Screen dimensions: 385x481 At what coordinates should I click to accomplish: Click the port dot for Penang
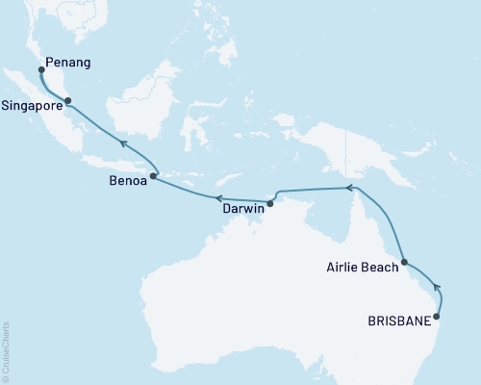[41, 69]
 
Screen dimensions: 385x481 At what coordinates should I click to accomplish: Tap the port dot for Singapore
[67, 100]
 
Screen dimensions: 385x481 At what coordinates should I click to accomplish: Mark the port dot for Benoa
[153, 176]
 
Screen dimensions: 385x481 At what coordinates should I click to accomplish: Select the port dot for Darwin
[270, 203]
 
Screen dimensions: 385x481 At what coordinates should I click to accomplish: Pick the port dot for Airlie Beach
[405, 262]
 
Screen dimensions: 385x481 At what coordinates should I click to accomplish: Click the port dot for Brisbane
[438, 316]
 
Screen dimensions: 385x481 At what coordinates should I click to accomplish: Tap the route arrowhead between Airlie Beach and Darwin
[350, 188]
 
